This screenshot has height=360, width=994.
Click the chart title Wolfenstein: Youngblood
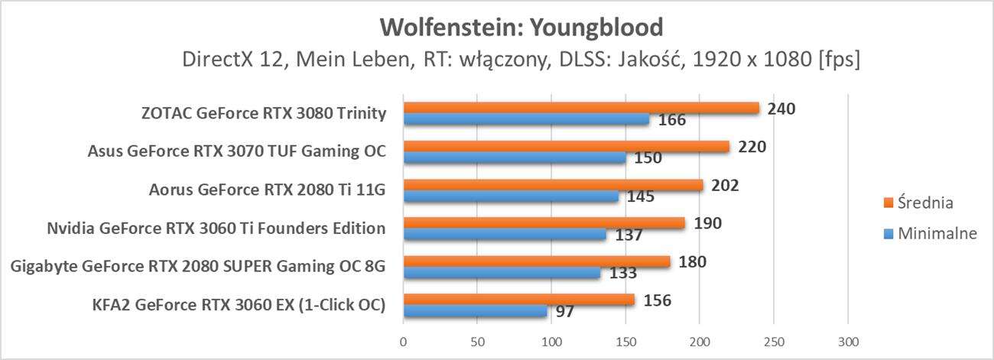521,28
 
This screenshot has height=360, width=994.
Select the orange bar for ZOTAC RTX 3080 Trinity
581,109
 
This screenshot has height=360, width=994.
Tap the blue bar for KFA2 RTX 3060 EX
475,311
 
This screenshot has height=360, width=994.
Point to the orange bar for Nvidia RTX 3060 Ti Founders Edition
544,223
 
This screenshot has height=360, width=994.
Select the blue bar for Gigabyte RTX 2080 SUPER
502,273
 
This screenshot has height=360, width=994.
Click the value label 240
781,109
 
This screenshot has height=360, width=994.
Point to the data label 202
724,185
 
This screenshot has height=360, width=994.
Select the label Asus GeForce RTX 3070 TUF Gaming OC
236,152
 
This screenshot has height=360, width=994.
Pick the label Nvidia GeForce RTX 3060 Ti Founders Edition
216,229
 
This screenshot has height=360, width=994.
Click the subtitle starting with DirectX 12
521,60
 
